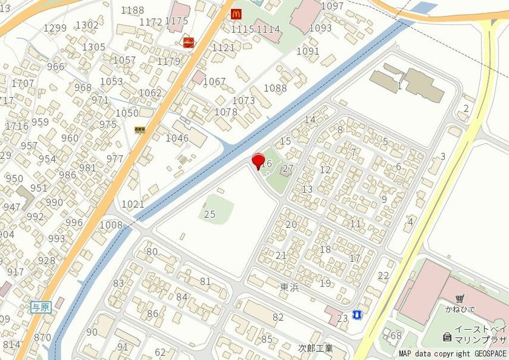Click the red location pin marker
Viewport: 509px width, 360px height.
[x=258, y=161]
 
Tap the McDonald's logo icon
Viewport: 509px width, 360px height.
[x=236, y=13]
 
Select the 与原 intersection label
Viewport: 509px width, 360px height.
[x=41, y=307]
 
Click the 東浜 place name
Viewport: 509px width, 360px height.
[x=290, y=287]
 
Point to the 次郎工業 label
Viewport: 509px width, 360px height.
[x=316, y=348]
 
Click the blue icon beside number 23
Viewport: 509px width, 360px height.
[x=358, y=315]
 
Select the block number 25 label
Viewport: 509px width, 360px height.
[x=210, y=214]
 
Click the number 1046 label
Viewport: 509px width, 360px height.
[x=178, y=138]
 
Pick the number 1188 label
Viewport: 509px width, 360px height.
[x=133, y=10]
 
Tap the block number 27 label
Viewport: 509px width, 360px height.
[x=288, y=168]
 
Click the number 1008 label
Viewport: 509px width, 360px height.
[x=111, y=225]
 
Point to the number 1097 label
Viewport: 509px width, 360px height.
[x=332, y=6]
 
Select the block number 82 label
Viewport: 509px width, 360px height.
[x=278, y=317]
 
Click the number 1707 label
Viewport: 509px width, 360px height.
[x=23, y=82]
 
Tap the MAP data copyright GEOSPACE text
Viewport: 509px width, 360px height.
[x=453, y=353]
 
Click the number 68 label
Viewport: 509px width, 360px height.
[x=396, y=335]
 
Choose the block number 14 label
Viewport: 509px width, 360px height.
[x=310, y=119]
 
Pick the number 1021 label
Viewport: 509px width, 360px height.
[x=133, y=204]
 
